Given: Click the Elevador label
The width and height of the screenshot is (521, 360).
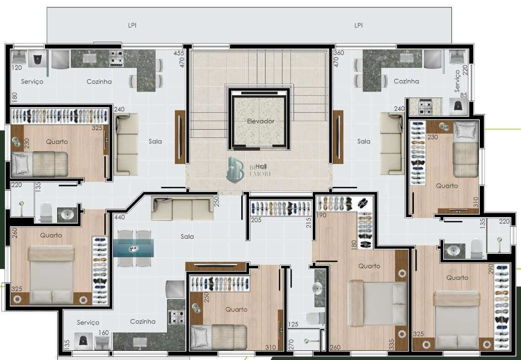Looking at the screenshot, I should (x=260, y=121).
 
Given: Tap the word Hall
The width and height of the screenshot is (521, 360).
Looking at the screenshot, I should (x=260, y=166).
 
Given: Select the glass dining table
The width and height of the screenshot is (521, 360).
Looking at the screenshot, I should (x=134, y=248).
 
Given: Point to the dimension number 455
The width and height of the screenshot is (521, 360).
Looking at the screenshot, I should (x=179, y=53).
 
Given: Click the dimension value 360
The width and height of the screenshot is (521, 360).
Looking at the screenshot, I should (x=338, y=53).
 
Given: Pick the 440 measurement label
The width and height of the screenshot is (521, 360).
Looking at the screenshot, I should (x=119, y=218).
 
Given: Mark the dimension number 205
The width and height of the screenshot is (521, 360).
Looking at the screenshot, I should (x=256, y=220).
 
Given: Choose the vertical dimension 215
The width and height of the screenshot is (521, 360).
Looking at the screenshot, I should (x=309, y=222).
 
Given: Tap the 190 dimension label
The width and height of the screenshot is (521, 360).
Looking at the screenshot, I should (x=321, y=215).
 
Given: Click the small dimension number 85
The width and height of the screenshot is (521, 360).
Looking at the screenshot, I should (x=464, y=96).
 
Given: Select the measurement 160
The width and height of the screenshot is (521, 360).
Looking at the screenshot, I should (x=103, y=333).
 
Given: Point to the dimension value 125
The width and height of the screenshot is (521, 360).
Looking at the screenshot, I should (x=293, y=324).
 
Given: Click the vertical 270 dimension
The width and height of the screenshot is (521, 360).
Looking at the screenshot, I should (x=291, y=345).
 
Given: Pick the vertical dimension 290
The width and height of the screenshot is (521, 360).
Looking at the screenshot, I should (x=491, y=268).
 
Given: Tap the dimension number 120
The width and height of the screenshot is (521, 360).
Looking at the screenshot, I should (x=17, y=68).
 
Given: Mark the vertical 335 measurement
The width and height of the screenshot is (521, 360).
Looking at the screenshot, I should (x=392, y=344).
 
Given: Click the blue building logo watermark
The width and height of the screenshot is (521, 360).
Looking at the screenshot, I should (x=237, y=169).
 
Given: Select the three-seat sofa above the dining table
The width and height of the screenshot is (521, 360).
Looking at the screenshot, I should (x=182, y=209).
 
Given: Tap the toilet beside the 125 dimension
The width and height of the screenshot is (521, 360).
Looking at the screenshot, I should (x=315, y=317).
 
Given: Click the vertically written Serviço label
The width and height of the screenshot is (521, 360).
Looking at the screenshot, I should (x=457, y=81).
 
